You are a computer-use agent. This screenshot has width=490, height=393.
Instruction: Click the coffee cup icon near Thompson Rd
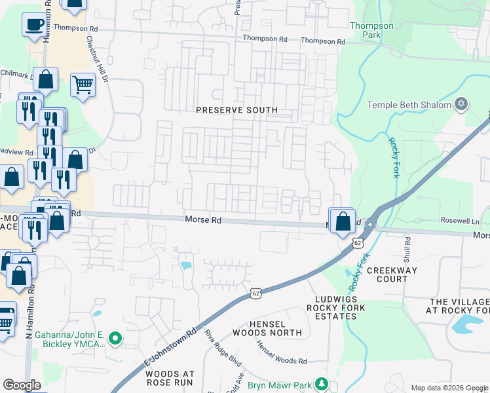(34, 26)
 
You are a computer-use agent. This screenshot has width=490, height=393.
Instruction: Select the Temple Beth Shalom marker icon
(461, 104)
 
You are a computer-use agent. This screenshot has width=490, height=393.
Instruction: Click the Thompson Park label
(371, 30)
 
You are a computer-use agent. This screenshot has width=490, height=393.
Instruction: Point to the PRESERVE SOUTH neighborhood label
(237, 110)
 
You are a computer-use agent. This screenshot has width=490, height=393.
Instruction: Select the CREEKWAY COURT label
(386, 274)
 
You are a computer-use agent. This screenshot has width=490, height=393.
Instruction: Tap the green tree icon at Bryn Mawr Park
(321, 383)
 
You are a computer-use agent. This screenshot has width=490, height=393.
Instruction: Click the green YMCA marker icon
(116, 339)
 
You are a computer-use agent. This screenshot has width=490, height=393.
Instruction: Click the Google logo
(22, 385)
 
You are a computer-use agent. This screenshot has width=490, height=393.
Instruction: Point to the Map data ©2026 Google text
(449, 388)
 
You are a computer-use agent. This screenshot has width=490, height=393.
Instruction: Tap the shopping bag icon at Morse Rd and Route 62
(343, 221)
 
